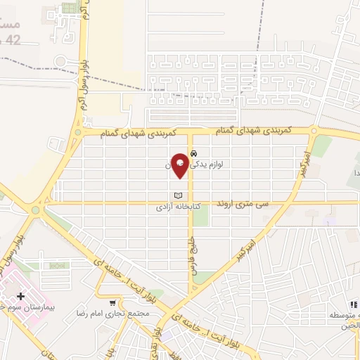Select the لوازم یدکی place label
[x=219, y=163]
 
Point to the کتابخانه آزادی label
[x=179, y=208]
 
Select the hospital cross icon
[x=20, y=297]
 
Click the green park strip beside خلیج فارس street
[x=200, y=215]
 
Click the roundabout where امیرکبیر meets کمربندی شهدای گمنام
[x=313, y=131]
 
